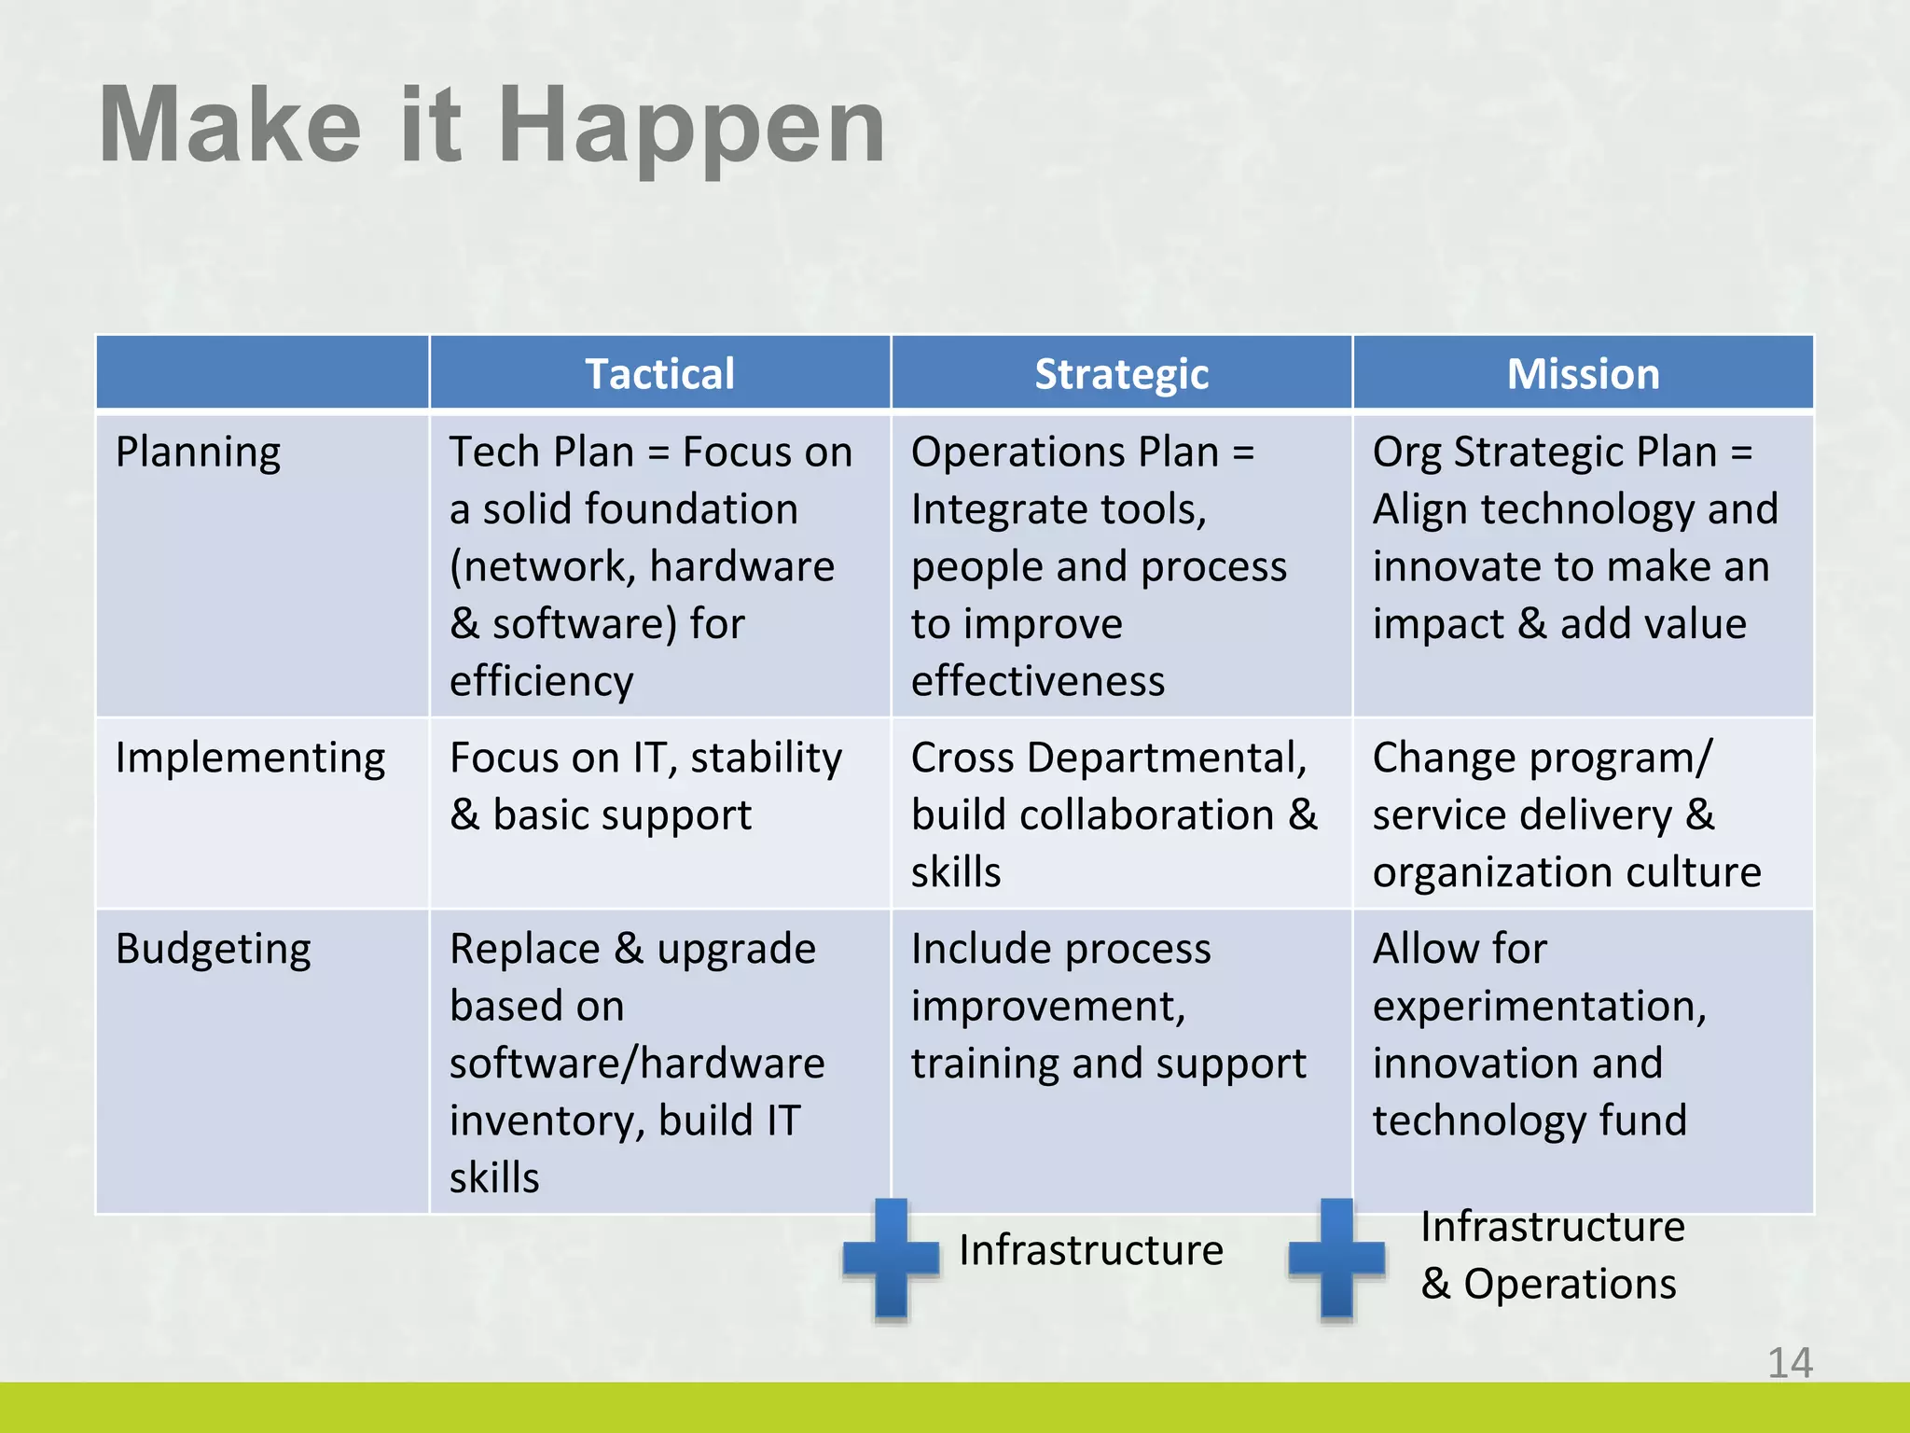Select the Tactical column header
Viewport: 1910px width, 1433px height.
click(x=659, y=374)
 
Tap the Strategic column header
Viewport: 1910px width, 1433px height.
click(x=1121, y=374)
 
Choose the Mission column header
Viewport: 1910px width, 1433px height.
click(x=1583, y=374)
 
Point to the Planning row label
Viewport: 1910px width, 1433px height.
click(x=198, y=452)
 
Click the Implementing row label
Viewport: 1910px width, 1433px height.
click(x=250, y=758)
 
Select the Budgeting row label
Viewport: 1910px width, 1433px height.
click(x=213, y=950)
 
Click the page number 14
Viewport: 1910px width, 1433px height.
click(x=1790, y=1363)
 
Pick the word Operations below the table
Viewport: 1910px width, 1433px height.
click(x=1570, y=1284)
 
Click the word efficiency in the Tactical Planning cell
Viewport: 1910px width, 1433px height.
click(x=541, y=681)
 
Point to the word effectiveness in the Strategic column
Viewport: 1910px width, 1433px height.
click(x=1037, y=681)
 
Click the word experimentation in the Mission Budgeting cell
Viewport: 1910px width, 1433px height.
click(x=1539, y=1007)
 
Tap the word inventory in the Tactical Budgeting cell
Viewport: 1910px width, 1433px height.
click(x=547, y=1121)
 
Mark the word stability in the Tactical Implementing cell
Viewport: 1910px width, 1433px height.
click(x=766, y=758)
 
